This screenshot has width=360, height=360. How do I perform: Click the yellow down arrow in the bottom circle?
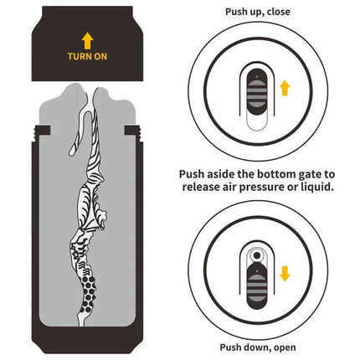point(285,273)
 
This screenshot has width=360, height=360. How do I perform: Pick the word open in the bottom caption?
point(282,347)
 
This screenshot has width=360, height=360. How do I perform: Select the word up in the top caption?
point(266,13)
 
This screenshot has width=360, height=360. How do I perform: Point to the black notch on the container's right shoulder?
point(131,131)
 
